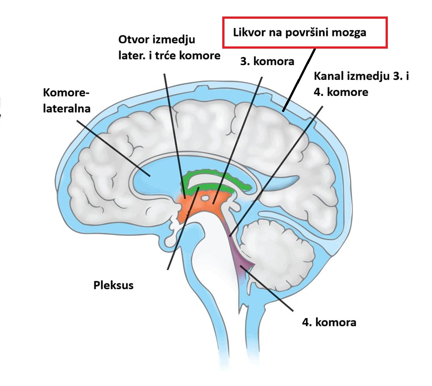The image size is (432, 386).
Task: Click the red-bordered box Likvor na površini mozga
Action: click(x=305, y=33)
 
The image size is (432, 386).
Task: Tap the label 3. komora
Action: click(x=267, y=61)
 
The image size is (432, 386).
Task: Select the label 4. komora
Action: click(x=329, y=322)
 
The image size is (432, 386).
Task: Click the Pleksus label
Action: click(x=113, y=285)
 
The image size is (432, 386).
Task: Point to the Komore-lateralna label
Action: click(x=66, y=100)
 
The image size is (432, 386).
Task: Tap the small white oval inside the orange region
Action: click(x=205, y=198)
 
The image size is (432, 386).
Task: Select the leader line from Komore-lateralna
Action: click(x=113, y=148)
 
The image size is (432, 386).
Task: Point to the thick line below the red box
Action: click(x=299, y=80)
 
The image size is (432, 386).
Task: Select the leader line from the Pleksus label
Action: click(x=183, y=228)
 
